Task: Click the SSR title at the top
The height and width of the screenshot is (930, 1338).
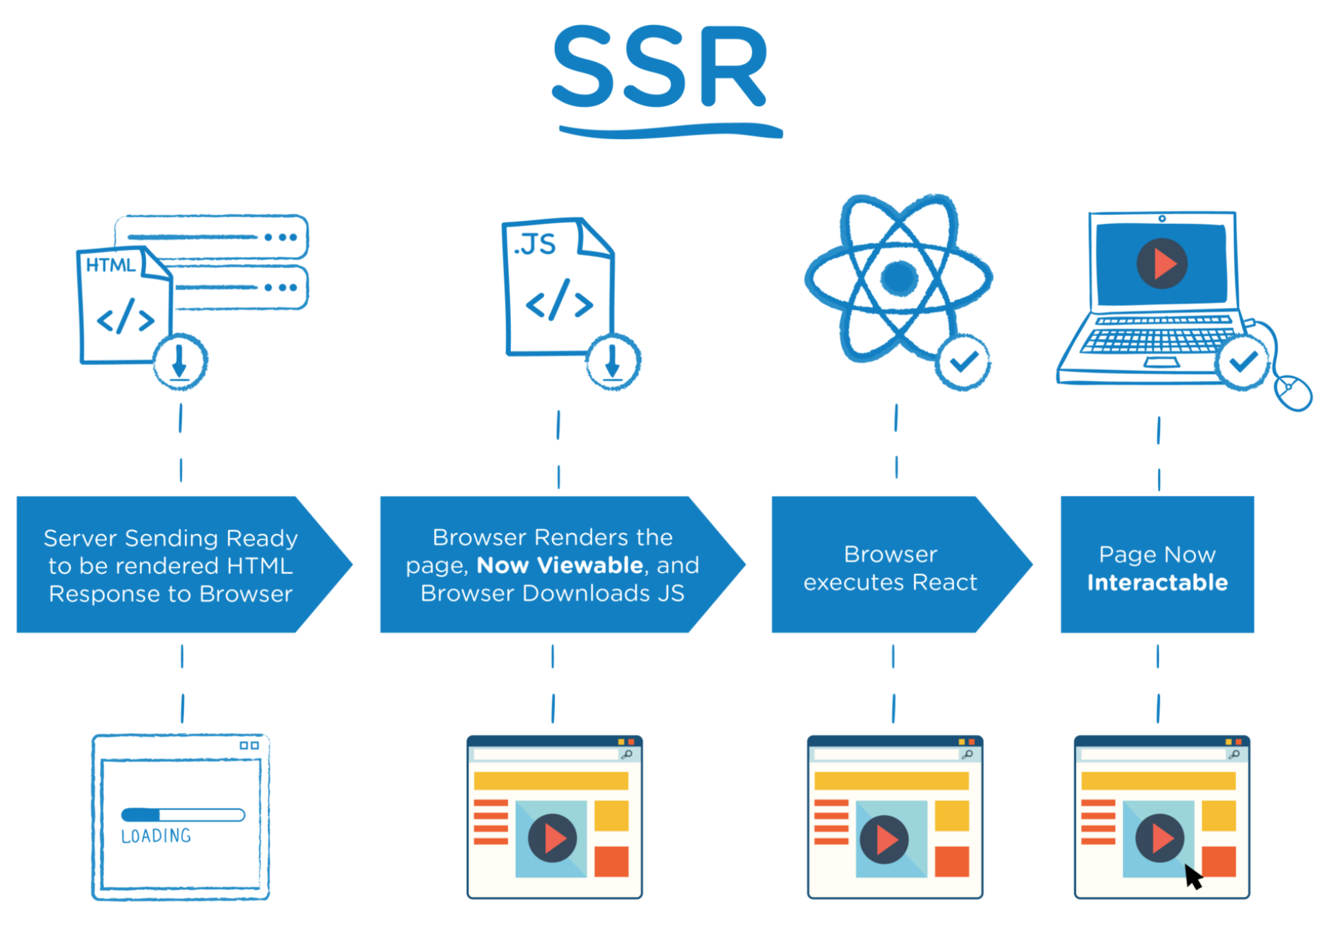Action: (x=660, y=67)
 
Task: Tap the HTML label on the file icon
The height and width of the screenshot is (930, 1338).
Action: (x=110, y=265)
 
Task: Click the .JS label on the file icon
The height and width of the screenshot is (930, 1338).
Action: (x=535, y=244)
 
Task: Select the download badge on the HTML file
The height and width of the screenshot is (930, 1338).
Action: (x=179, y=361)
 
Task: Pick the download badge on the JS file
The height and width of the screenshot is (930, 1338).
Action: (x=613, y=362)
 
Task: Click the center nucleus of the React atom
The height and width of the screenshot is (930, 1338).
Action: (x=899, y=278)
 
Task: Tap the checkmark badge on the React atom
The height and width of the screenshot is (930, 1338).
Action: (x=963, y=362)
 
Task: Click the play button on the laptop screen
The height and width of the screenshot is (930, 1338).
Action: (x=1162, y=264)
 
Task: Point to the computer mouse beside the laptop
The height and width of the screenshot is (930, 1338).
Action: (x=1293, y=393)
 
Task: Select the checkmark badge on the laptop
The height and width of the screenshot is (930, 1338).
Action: (x=1242, y=362)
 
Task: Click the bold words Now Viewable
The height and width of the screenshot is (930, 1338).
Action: (x=560, y=566)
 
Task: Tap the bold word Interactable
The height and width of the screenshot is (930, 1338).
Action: (x=1157, y=583)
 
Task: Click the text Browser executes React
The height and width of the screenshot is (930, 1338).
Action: (x=890, y=568)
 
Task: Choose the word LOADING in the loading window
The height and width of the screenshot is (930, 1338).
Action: (x=156, y=836)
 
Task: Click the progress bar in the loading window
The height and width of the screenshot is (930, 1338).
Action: (x=183, y=815)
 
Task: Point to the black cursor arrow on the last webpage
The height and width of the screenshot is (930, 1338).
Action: (x=1193, y=876)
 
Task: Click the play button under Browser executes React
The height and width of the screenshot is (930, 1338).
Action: (x=884, y=839)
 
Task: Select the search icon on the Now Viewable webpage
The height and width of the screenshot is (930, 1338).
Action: (x=627, y=754)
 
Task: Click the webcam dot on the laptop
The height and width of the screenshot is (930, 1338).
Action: (x=1162, y=218)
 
